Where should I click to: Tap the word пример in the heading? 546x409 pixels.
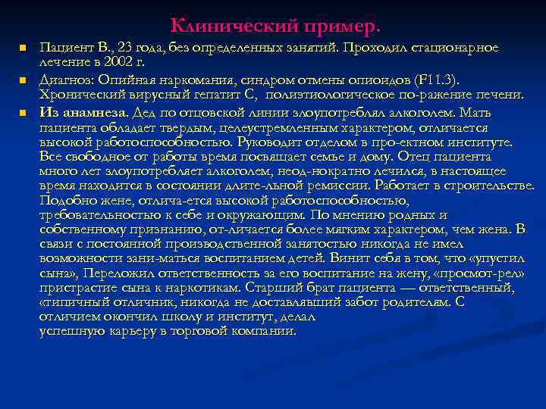click(333, 27)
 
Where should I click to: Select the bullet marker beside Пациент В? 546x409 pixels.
click(23, 48)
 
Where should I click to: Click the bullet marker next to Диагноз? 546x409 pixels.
click(23, 80)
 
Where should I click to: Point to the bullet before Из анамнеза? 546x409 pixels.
click(23, 111)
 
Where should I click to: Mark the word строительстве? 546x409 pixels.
click(494, 186)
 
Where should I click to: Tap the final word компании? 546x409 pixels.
click(266, 331)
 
